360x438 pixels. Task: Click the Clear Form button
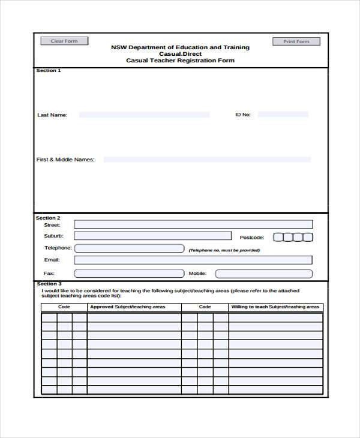click(64, 41)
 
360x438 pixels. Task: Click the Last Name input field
click(144, 115)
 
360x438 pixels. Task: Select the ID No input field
click(283, 114)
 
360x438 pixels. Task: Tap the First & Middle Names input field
click(207, 160)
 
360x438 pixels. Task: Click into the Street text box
click(193, 224)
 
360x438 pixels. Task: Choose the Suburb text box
click(152, 236)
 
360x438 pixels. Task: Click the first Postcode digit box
click(278, 237)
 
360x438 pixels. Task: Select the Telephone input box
click(129, 248)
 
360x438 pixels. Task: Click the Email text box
click(193, 260)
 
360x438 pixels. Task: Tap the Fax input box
click(129, 274)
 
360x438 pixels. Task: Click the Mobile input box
click(264, 274)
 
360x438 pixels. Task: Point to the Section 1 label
click(49, 71)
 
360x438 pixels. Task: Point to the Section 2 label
click(48, 218)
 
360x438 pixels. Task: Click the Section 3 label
click(49, 284)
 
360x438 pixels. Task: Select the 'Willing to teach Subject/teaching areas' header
click(275, 307)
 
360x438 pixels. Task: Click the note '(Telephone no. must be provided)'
click(224, 250)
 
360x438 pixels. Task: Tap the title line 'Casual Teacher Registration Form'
click(180, 61)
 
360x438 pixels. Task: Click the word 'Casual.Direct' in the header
click(180, 53)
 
